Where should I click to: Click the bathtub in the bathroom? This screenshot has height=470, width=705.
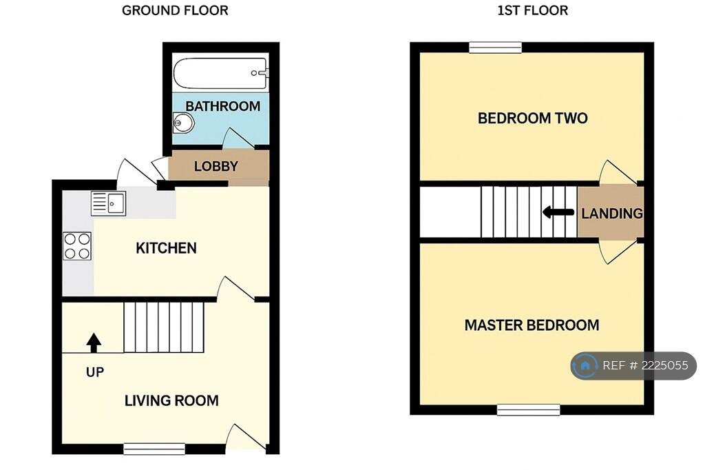[x=221, y=73]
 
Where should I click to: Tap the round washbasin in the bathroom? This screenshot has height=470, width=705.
[x=183, y=123]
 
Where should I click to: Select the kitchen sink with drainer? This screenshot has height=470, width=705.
[x=108, y=203]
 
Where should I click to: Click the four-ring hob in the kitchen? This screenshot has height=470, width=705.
[x=77, y=246]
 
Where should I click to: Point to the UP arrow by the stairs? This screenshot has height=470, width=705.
[x=94, y=343]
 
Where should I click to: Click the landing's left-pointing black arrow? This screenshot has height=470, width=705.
[x=558, y=212]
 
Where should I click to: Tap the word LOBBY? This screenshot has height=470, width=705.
[x=215, y=166]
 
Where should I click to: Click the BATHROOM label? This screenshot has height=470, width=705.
[x=222, y=106]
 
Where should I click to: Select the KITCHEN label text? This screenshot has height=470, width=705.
[x=166, y=248]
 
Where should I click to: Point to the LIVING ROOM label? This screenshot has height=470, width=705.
[x=171, y=400]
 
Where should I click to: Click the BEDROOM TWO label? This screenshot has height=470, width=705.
[x=532, y=118]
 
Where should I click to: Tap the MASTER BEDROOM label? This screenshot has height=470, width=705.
[x=532, y=325]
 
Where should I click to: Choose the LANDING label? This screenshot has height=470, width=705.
[x=612, y=214]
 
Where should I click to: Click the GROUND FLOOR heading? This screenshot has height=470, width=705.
[x=175, y=10]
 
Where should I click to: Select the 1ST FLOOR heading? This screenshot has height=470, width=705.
[x=532, y=10]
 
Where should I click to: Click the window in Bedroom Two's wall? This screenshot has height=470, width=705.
[x=496, y=48]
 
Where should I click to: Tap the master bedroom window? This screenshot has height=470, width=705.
[x=528, y=409]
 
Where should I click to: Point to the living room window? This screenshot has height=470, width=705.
[x=154, y=449]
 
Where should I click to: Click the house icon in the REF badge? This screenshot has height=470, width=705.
[x=585, y=365]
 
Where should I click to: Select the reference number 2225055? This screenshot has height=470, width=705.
[x=664, y=365]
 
